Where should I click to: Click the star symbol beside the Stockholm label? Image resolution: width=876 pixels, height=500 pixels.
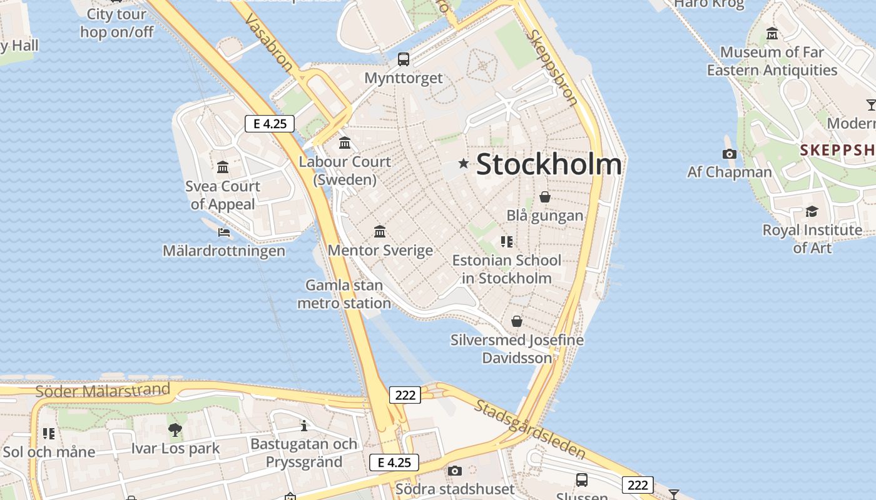[x=464, y=164]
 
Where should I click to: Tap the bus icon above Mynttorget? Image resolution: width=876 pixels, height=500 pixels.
[x=404, y=59]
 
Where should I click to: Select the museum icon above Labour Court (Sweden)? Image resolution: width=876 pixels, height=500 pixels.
[x=345, y=143]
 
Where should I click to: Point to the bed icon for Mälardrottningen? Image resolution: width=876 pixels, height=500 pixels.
[x=224, y=232]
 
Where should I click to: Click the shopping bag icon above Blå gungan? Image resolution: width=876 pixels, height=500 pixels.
[x=545, y=197]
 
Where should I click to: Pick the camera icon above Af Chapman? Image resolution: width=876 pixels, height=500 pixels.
[x=729, y=154]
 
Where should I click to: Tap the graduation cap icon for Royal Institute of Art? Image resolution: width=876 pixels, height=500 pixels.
[x=812, y=212]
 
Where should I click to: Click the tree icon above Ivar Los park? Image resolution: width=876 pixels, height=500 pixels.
[x=175, y=429]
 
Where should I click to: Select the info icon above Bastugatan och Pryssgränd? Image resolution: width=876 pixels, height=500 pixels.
[x=304, y=426]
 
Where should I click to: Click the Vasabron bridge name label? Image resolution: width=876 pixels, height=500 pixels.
[x=268, y=43]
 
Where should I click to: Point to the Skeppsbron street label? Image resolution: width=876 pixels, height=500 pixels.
[x=551, y=67]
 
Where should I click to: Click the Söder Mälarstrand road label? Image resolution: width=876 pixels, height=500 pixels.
[x=103, y=391]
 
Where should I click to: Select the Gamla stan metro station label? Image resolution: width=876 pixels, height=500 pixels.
[x=344, y=294]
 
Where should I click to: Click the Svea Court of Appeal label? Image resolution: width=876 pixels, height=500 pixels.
[x=223, y=195]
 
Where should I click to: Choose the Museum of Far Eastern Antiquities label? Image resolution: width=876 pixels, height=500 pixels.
[x=772, y=61]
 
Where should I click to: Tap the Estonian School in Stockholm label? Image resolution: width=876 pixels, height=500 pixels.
[x=507, y=269]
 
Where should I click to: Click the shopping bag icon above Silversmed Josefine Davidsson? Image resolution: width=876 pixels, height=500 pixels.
[x=517, y=321]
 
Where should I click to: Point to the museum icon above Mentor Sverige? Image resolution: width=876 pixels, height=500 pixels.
[x=379, y=232]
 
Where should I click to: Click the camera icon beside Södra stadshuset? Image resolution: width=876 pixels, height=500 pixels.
[x=455, y=471]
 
